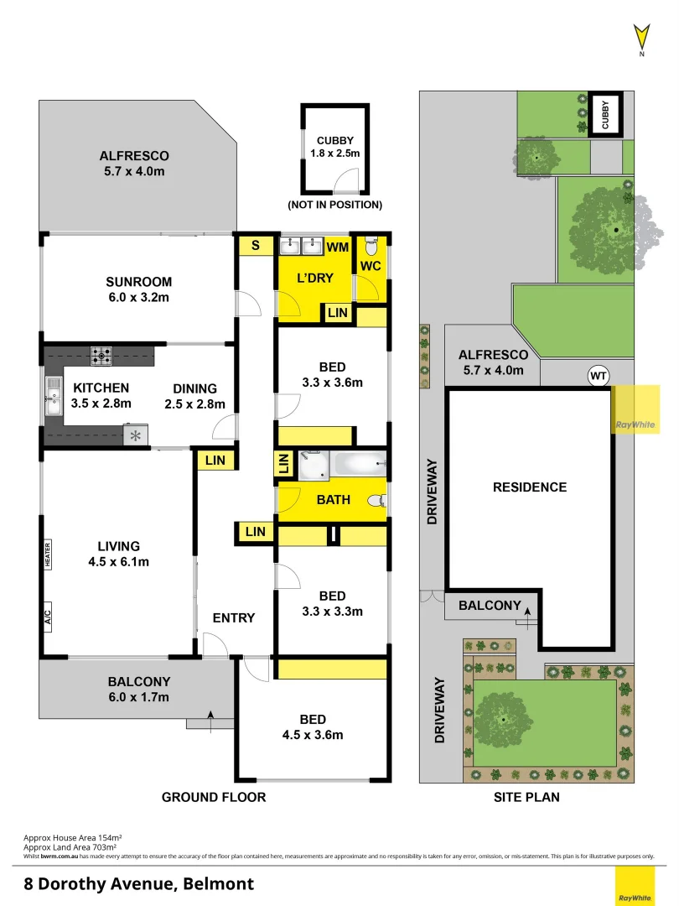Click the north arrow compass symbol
[x=641, y=38]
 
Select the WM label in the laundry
[x=337, y=247]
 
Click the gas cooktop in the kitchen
[x=102, y=356]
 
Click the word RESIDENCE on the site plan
[x=529, y=487]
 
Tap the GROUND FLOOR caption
[x=214, y=797]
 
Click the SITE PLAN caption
[x=526, y=797]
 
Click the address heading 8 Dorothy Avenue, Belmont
[x=138, y=883]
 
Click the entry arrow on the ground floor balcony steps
[x=210, y=716]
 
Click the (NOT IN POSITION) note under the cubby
[x=334, y=204]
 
